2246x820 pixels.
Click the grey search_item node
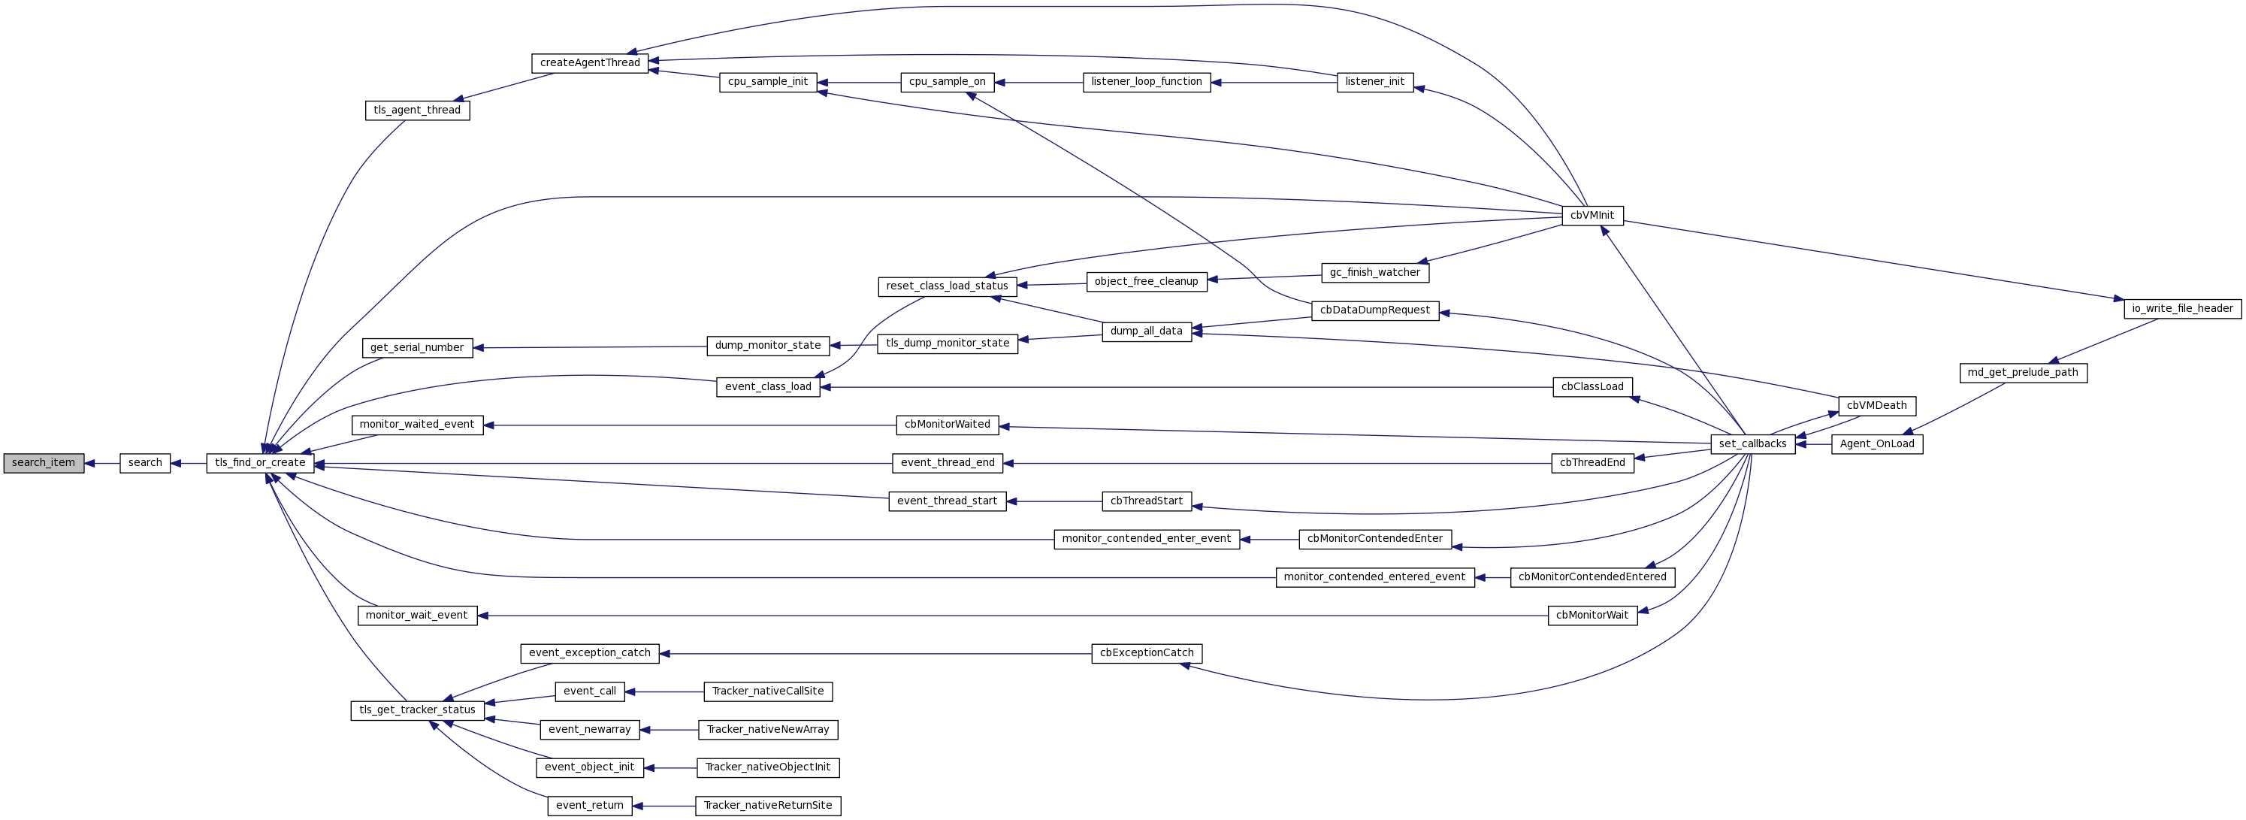[44, 463]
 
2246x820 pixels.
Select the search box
[145, 463]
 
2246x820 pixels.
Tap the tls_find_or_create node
[260, 463]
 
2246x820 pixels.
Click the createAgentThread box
[589, 63]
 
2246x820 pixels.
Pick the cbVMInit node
[1592, 216]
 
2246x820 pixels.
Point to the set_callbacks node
[1752, 444]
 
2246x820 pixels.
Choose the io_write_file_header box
[2182, 309]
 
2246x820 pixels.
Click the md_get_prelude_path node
[2023, 373]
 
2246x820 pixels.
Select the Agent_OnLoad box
[1876, 444]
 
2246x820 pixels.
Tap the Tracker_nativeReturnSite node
[767, 805]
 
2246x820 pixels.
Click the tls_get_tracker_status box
[417, 710]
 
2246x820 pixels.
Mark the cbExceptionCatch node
[1147, 652]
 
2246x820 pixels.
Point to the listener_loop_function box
[1147, 82]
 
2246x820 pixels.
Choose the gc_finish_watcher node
[1375, 272]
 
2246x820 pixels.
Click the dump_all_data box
[1147, 331]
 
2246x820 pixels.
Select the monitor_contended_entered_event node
[1374, 576]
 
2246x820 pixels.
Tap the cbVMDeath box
[1876, 406]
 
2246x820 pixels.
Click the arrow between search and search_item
[102, 463]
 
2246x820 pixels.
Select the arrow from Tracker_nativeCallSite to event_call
[664, 691]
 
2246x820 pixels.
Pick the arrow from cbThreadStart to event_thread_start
[1054, 501]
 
